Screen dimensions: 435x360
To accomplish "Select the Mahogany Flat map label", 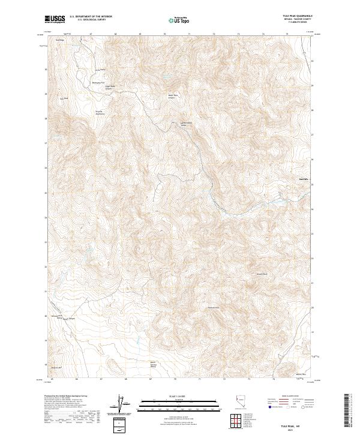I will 98,82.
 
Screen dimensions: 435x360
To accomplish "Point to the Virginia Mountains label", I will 100,112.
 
